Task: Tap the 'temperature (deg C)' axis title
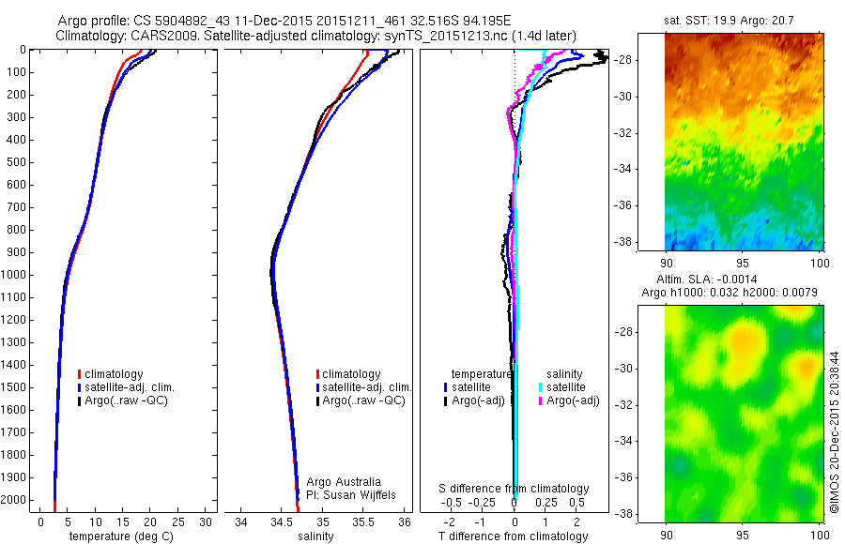coord(117,536)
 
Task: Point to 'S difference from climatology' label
coord(514,489)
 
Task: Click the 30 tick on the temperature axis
coord(207,521)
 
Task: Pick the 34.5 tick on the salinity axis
coord(282,521)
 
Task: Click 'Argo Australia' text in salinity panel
coord(345,481)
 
